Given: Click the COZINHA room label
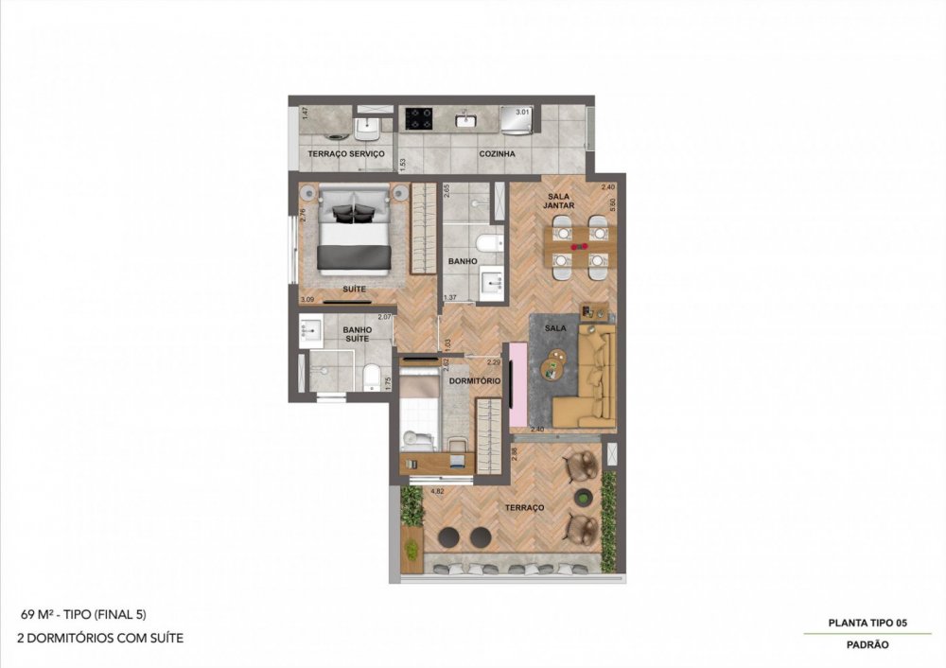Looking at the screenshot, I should pyautogui.click(x=497, y=153).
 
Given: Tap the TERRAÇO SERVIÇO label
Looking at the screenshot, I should pyautogui.click(x=346, y=153).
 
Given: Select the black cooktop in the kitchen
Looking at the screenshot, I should pyautogui.click(x=419, y=118).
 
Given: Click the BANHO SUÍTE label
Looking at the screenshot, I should pyautogui.click(x=357, y=335).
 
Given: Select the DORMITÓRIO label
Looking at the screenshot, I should pyautogui.click(x=476, y=380).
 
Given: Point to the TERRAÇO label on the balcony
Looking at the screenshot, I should pyautogui.click(x=524, y=508).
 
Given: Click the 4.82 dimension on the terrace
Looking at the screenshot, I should pyautogui.click(x=437, y=492).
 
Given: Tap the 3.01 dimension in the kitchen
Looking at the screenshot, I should pyautogui.click(x=522, y=112).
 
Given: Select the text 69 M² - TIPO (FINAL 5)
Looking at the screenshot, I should pyautogui.click(x=82, y=614).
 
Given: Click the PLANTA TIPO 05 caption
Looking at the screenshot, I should pyautogui.click(x=867, y=622).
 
